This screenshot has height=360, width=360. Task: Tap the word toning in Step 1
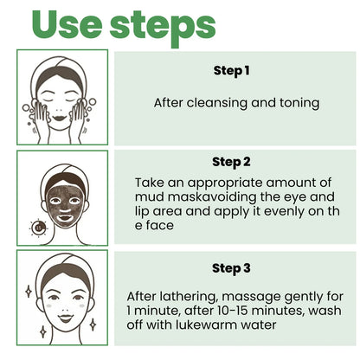[x=299, y=103]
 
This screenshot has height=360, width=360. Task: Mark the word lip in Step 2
[x=149, y=210]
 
